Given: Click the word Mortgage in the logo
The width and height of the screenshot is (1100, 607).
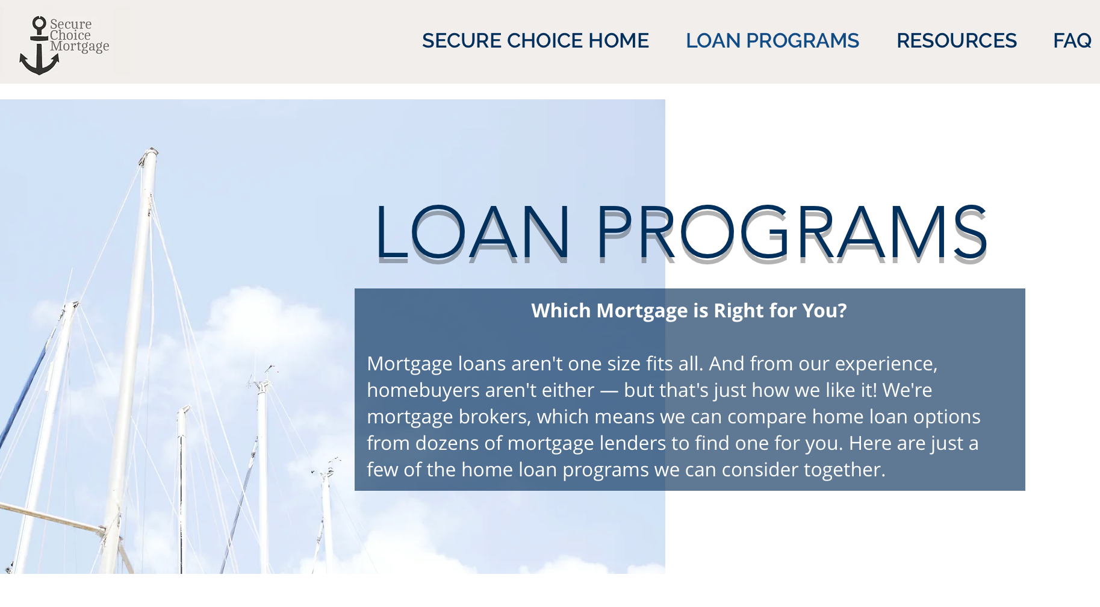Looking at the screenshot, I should (79, 46).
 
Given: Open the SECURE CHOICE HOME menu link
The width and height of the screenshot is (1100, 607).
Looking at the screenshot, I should (535, 41).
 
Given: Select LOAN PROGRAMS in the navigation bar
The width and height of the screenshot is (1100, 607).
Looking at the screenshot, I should (772, 41).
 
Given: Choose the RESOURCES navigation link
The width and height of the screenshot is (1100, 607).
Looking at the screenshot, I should (956, 41).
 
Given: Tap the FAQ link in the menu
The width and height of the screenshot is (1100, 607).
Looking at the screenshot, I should (1072, 41).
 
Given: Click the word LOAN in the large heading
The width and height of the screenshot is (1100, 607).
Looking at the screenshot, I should (473, 233).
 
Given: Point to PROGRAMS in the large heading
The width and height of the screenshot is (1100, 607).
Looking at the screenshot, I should (791, 233).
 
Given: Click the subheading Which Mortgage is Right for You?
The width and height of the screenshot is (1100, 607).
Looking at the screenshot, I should (689, 311).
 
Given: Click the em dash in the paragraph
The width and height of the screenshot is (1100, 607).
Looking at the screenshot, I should (609, 391).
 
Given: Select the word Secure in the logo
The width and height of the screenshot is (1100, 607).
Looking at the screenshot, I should (71, 25).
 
